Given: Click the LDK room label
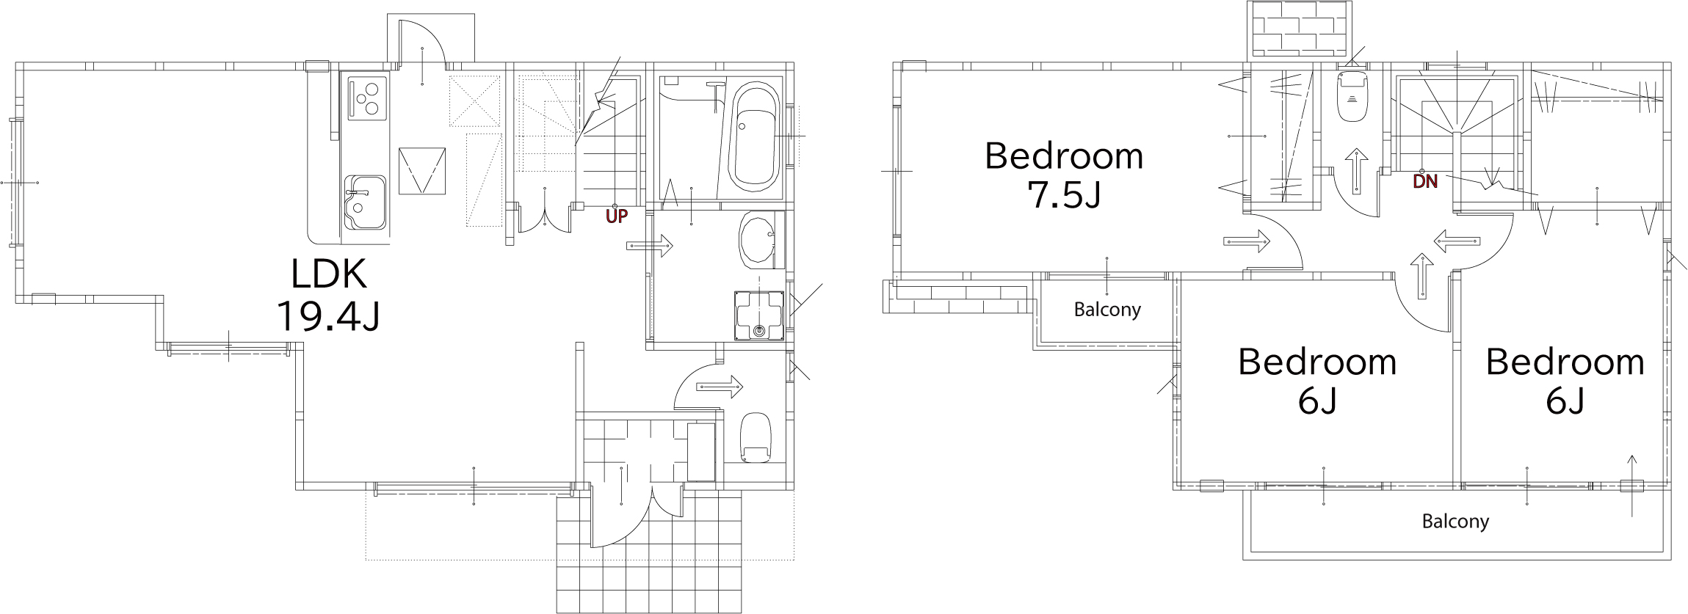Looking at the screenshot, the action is [328, 274].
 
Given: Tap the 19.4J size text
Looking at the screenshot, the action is [328, 316].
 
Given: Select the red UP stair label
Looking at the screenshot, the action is [617, 216].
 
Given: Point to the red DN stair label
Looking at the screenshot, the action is [1425, 181].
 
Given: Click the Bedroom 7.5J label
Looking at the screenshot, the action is [1064, 176].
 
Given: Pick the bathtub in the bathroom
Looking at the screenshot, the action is [753, 138].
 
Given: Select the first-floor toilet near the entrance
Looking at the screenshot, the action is [756, 437].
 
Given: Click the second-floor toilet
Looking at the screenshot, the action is [1352, 95].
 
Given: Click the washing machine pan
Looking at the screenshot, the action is [759, 315].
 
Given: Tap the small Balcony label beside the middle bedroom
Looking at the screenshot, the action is [1107, 310].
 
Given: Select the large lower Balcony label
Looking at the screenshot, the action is [1455, 522].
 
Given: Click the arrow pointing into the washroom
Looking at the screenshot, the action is [650, 245].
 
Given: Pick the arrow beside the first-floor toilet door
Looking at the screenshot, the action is [719, 386].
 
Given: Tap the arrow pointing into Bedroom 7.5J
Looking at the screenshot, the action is [1247, 241].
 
